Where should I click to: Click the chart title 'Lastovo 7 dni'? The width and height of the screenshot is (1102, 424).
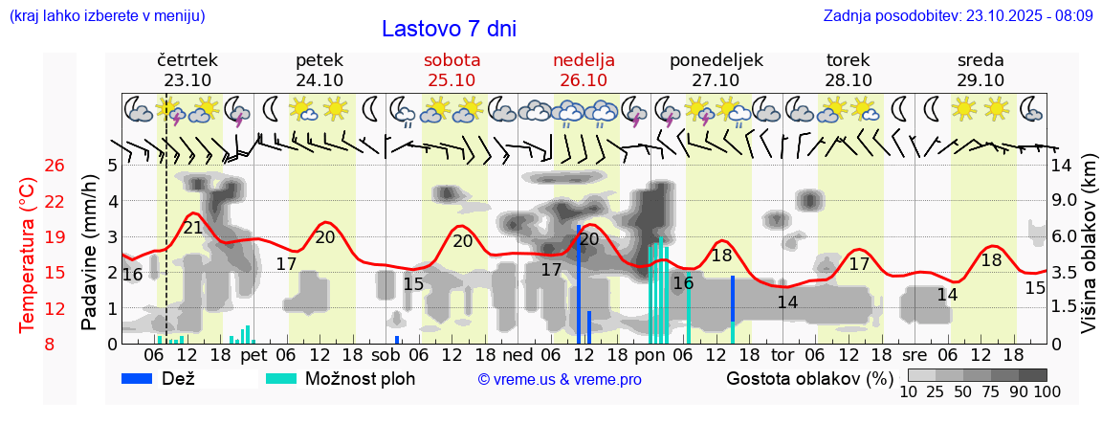[x=449, y=29]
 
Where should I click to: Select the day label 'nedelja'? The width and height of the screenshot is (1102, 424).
[x=584, y=60]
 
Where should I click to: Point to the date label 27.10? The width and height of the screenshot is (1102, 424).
[x=716, y=80]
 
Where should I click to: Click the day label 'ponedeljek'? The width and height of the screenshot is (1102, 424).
[x=716, y=60]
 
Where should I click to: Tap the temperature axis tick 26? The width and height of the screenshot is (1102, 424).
[x=55, y=166]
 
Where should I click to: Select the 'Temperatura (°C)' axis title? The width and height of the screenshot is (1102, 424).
[x=28, y=256]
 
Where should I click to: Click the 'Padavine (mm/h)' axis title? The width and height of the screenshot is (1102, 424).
[x=90, y=252]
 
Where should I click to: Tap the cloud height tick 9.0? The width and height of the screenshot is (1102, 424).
[x=1065, y=201]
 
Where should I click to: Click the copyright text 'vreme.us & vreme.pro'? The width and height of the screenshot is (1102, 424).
[x=560, y=380]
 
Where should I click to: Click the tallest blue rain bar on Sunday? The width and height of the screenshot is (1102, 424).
[x=579, y=284]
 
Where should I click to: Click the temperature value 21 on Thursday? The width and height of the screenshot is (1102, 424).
[x=193, y=228]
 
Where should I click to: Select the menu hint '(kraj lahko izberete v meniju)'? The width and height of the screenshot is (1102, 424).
[x=106, y=16]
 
